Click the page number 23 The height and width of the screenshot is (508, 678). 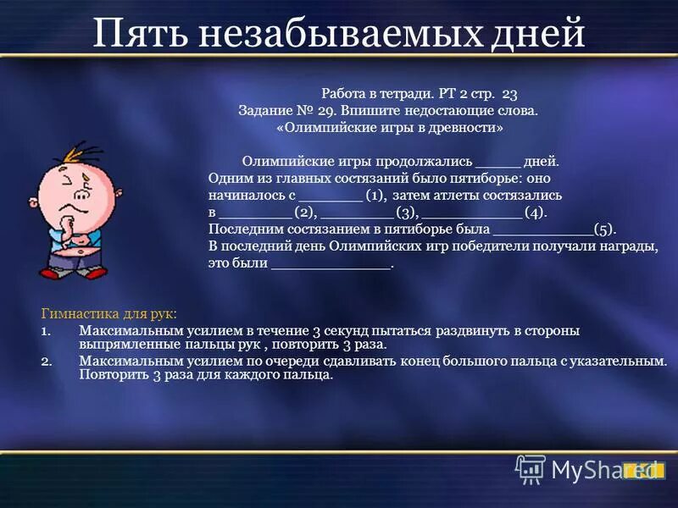[x=509, y=93]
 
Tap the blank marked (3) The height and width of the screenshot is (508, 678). [x=357, y=213]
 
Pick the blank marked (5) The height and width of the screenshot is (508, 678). [x=542, y=229]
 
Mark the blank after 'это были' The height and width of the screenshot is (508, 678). [x=331, y=264]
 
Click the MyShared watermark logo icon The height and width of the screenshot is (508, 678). [x=531, y=468]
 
